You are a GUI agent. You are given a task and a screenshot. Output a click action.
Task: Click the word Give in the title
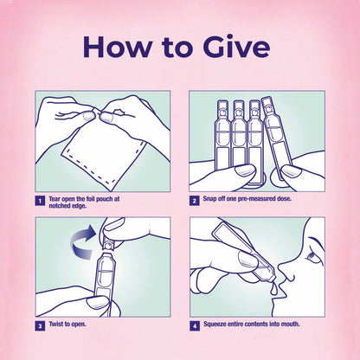tap(236, 47)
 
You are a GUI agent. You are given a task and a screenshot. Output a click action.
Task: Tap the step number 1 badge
tap(40, 201)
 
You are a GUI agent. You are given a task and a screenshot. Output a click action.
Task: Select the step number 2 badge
tap(194, 201)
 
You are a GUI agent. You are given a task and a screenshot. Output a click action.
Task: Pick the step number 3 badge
tap(40, 326)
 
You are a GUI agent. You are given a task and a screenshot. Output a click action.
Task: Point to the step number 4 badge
tap(195, 326)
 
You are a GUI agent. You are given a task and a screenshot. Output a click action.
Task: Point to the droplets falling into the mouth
tap(274, 289)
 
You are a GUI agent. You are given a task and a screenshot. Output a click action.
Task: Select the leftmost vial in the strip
tap(222, 135)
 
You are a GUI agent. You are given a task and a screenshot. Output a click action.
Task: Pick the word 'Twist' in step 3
tap(56, 324)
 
